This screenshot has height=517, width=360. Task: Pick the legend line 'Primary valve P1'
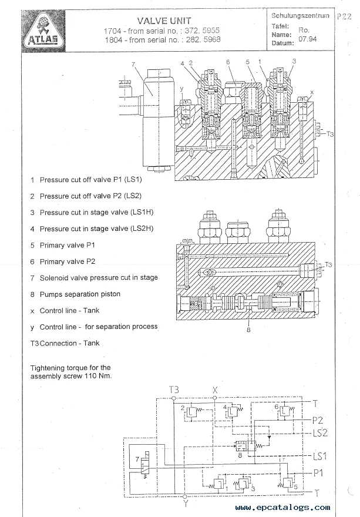pos(68,245)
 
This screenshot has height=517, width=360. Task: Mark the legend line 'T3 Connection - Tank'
pos(65,343)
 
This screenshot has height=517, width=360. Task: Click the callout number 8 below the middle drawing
pos(249,330)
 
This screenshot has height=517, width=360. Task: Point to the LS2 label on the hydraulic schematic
pos(321,433)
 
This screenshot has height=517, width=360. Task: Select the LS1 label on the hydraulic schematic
pos(320,456)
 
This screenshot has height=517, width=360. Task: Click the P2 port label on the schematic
pos(318,421)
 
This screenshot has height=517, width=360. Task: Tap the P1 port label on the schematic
pos(318,472)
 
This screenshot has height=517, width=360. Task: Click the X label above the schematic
pos(215,390)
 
